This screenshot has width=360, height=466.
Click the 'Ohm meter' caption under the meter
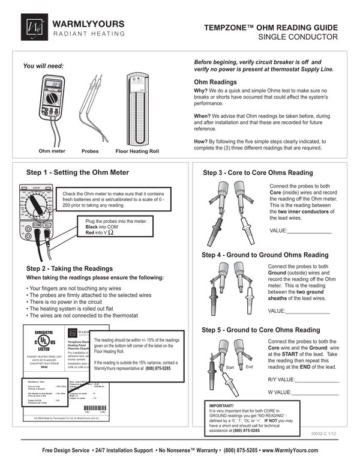(52, 151)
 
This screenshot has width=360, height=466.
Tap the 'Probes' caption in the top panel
(90, 151)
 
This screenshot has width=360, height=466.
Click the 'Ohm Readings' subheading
(216, 82)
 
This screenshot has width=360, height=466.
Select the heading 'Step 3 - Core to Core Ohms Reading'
(262, 173)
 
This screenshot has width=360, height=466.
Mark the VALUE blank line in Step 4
(308, 312)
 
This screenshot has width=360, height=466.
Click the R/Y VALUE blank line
(317, 381)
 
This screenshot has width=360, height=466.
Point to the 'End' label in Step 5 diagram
(250, 366)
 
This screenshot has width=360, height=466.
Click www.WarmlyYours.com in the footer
(293, 450)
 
